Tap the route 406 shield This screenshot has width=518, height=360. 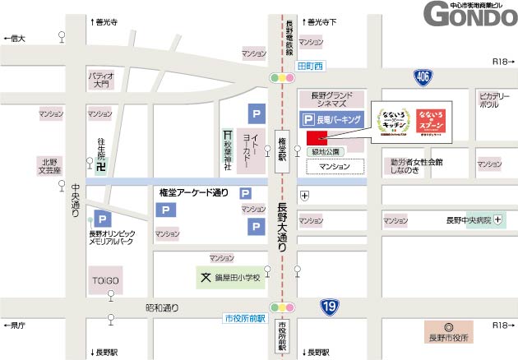(422, 77)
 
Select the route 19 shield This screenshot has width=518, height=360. (328, 307)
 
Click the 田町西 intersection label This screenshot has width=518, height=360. (312, 65)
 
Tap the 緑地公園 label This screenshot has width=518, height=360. (323, 152)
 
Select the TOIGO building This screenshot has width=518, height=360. (106, 280)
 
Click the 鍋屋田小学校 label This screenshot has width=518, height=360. (237, 278)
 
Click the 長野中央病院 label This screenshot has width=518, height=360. (468, 220)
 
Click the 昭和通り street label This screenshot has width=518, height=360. (161, 308)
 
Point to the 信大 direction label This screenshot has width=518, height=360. (16, 39)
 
